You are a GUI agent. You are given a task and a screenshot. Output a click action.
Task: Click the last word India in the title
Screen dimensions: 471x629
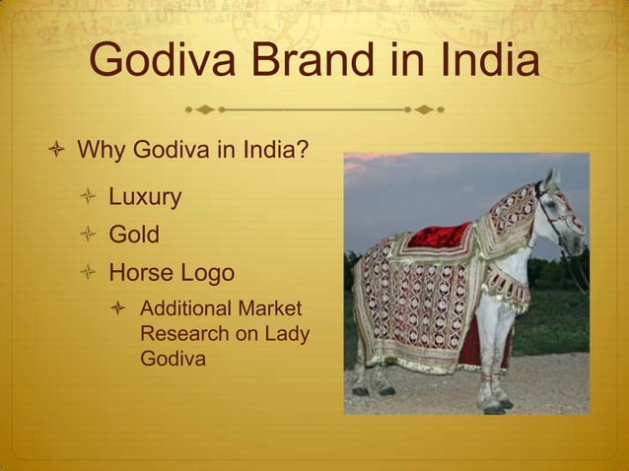tap(481, 63)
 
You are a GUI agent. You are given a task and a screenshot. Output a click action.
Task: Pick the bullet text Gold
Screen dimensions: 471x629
tap(134, 235)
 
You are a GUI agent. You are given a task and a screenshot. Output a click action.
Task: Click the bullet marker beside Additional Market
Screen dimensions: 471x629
tap(119, 309)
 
